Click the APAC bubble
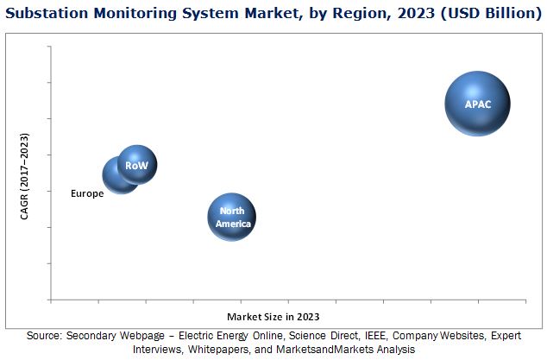[477, 104]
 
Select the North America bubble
[232, 217]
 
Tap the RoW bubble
[137, 165]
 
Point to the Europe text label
[87, 193]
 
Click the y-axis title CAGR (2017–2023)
[25, 177]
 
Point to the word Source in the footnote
[44, 336]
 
